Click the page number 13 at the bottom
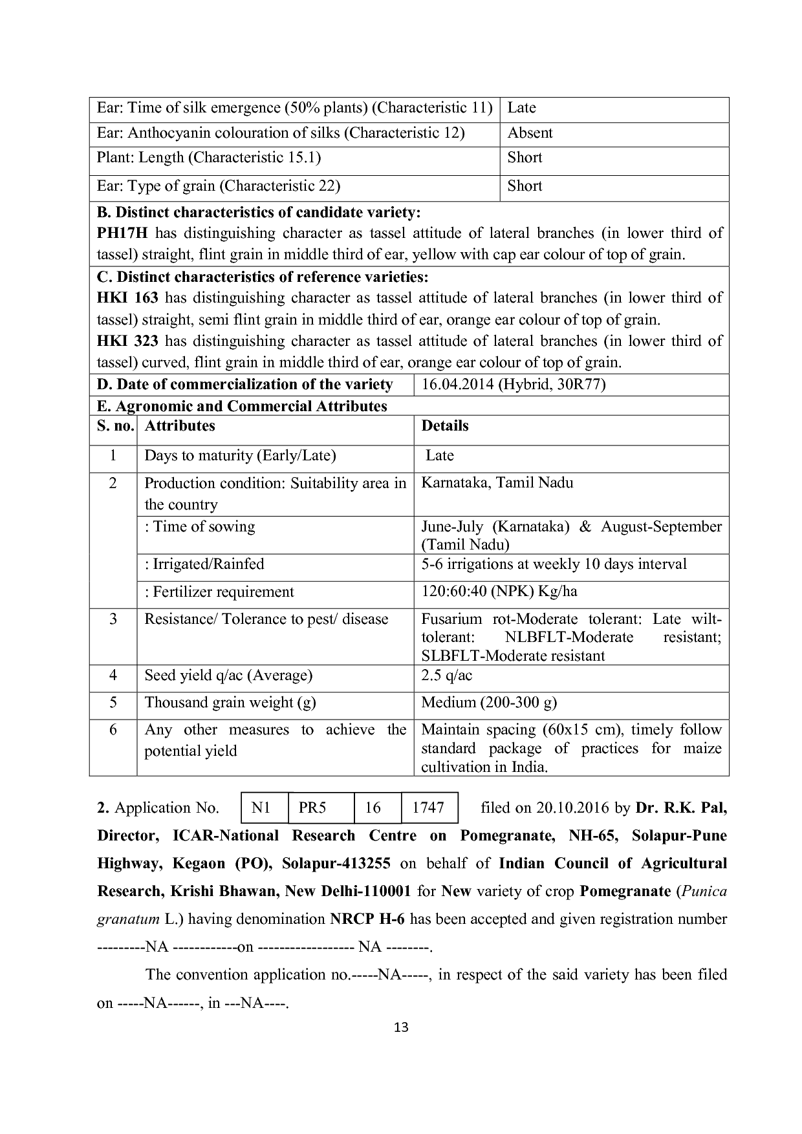click(x=401, y=1027)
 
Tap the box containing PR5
click(x=321, y=808)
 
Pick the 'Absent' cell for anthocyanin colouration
click(x=530, y=133)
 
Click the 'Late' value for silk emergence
click(x=521, y=108)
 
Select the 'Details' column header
click(x=445, y=426)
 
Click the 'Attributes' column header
click(x=180, y=426)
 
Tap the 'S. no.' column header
click(x=115, y=426)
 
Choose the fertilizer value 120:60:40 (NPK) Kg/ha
click(x=499, y=592)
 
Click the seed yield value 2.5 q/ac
click(x=447, y=676)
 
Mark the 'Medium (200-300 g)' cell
click(x=489, y=703)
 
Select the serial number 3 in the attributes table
click(x=113, y=619)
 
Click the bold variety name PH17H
click(x=122, y=233)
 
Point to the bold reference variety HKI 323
click(x=127, y=341)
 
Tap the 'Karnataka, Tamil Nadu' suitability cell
click(x=497, y=483)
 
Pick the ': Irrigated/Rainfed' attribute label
click(x=204, y=564)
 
